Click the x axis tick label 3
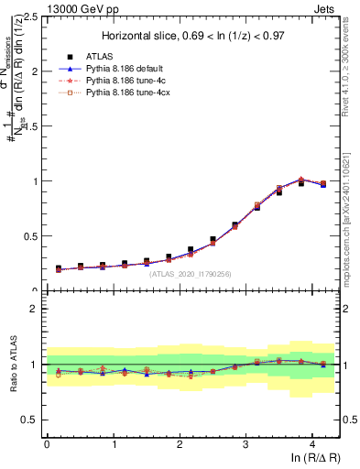pos(245,444)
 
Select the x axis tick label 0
pos(47,444)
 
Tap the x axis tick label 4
pos(312,444)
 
